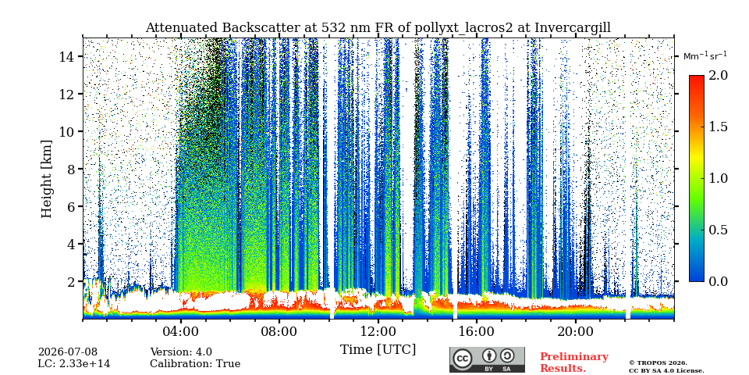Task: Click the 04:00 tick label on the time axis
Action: [181, 332]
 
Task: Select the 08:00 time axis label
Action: [279, 332]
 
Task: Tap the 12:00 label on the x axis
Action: [378, 332]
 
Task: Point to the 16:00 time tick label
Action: [476, 332]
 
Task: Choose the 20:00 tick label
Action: [575, 332]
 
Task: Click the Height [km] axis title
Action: [46, 179]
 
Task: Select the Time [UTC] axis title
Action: [378, 350]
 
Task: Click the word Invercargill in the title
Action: [573, 28]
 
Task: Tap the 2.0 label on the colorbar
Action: [716, 75]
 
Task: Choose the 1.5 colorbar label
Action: [716, 127]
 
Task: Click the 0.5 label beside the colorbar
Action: [716, 230]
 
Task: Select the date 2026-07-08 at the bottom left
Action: [68, 352]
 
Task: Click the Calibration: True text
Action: [195, 364]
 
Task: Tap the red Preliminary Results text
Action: [574, 362]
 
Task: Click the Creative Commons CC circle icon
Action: [462, 359]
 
